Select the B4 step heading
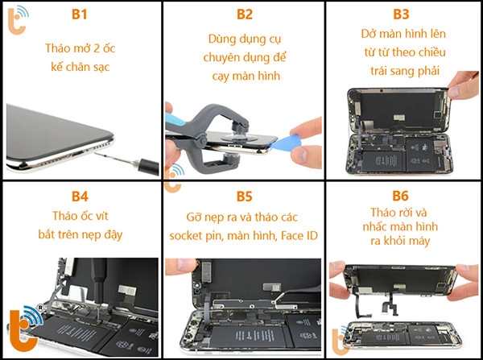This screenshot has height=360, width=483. [x=81, y=195]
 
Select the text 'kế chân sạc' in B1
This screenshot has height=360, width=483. [x=81, y=66]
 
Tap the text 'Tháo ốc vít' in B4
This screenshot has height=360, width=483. [x=81, y=216]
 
